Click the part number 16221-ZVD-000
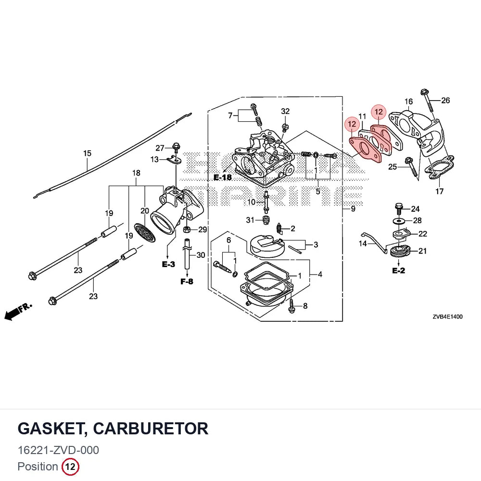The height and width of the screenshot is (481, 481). [58, 450]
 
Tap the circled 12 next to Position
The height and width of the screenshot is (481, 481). [70, 467]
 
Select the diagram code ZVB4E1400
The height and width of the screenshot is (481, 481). [447, 316]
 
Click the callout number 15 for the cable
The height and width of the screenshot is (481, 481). [87, 153]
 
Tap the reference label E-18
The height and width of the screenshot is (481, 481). [223, 177]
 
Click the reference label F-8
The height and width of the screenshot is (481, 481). [187, 281]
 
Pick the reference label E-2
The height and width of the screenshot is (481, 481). [398, 270]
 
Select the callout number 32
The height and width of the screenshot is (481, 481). [285, 111]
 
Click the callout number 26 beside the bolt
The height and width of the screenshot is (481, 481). [445, 101]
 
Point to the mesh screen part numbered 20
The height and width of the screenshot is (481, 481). [145, 233]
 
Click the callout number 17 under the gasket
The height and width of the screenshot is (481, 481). [439, 191]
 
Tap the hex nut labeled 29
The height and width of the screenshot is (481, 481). [186, 229]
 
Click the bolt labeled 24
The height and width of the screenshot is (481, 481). [399, 209]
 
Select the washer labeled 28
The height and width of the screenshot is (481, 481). [398, 221]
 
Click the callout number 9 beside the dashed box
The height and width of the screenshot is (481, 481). [353, 209]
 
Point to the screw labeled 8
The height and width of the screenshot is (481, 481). [291, 306]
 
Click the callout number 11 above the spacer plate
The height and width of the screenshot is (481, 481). [362, 116]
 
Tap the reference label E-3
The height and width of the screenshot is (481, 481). [168, 264]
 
